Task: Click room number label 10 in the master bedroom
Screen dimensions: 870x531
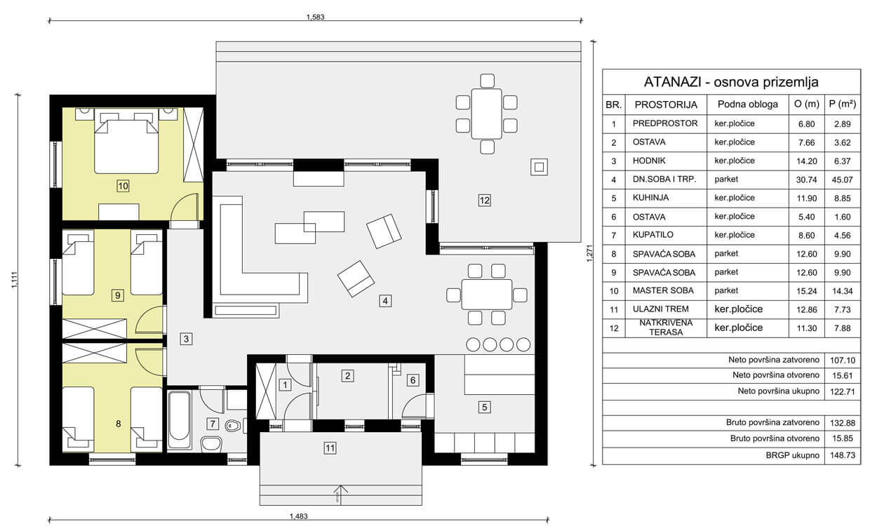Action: click(x=123, y=186)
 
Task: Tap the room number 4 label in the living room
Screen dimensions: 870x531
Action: click(x=385, y=301)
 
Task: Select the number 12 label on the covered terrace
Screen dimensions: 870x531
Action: click(x=484, y=201)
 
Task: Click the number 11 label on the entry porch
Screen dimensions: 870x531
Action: click(x=330, y=448)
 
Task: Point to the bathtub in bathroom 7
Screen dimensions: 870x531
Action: click(x=179, y=420)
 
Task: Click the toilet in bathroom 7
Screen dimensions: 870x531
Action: click(x=233, y=426)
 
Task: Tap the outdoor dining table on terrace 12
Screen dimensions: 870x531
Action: click(x=486, y=114)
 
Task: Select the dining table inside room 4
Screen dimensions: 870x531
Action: click(x=487, y=295)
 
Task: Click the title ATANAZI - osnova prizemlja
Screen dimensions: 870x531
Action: click(x=731, y=82)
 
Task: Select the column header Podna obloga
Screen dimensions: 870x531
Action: click(x=748, y=104)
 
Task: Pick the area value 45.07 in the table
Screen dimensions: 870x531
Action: click(x=842, y=180)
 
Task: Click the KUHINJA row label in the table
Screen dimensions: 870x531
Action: click(x=650, y=198)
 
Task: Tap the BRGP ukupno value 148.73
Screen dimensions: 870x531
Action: click(x=843, y=455)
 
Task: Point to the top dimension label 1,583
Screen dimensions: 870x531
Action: click(x=315, y=17)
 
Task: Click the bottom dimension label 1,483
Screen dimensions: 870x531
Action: click(x=298, y=516)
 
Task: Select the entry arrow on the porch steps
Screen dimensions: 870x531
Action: click(x=337, y=494)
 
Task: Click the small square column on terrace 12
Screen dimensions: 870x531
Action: click(x=539, y=167)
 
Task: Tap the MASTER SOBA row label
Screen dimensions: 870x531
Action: click(x=663, y=290)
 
